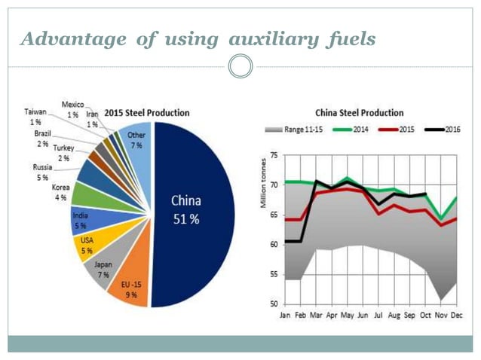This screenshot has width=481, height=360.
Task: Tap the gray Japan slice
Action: point(103,268)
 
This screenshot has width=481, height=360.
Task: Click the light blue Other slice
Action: point(136,140)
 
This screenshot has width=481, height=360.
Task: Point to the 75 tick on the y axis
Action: point(274,154)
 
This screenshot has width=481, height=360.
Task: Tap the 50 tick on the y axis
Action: point(274,304)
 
